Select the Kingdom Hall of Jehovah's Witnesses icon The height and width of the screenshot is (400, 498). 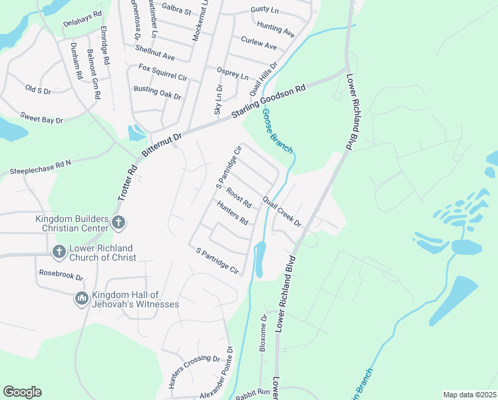pyautogui.click(x=82, y=299)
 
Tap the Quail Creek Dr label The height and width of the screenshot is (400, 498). pyautogui.click(x=282, y=211)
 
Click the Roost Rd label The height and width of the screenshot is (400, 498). pyautogui.click(x=238, y=197)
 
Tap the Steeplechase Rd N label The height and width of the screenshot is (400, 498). pyautogui.click(x=40, y=167)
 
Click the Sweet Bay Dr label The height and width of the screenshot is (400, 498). pyautogui.click(x=41, y=118)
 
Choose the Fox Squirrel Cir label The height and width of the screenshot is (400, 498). pyautogui.click(x=162, y=72)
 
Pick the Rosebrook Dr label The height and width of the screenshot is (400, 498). pyautogui.click(x=61, y=275)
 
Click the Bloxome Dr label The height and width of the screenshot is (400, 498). pyautogui.click(x=264, y=332)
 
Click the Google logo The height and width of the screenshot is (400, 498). pyautogui.click(x=22, y=392)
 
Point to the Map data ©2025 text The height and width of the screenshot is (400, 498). pyautogui.click(x=469, y=395)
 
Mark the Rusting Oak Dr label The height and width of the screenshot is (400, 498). pyautogui.click(x=157, y=93)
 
